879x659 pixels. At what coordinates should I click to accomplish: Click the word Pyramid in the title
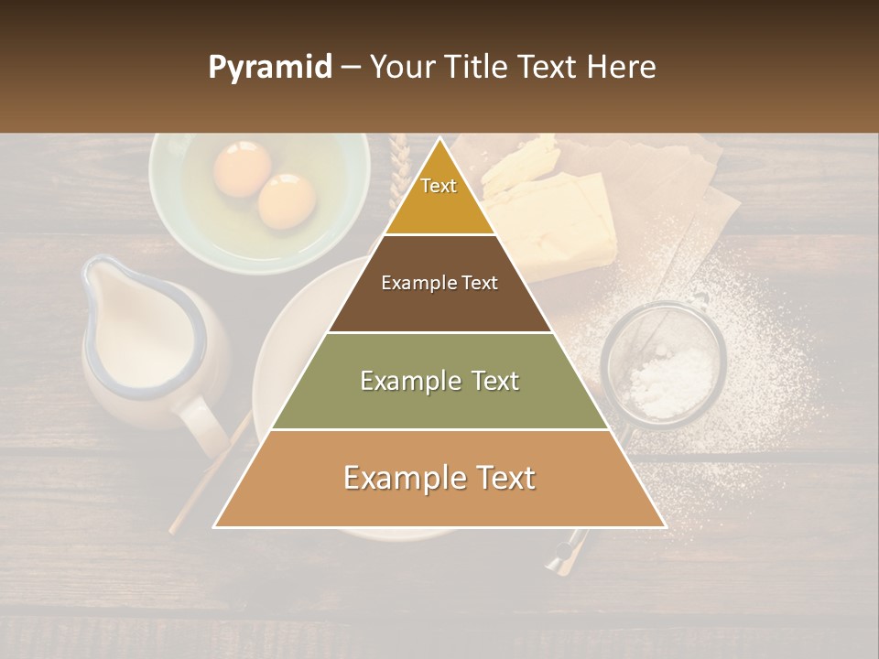(270, 68)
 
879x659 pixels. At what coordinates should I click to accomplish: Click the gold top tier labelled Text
(439, 206)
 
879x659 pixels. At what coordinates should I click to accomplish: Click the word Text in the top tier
(439, 186)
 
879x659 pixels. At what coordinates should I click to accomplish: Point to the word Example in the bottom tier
(398, 478)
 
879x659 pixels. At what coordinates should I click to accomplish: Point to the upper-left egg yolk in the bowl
(242, 167)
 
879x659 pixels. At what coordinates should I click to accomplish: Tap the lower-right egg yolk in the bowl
(286, 200)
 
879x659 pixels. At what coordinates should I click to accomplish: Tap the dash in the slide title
(351, 68)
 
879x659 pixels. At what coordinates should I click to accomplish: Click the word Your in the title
(399, 67)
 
